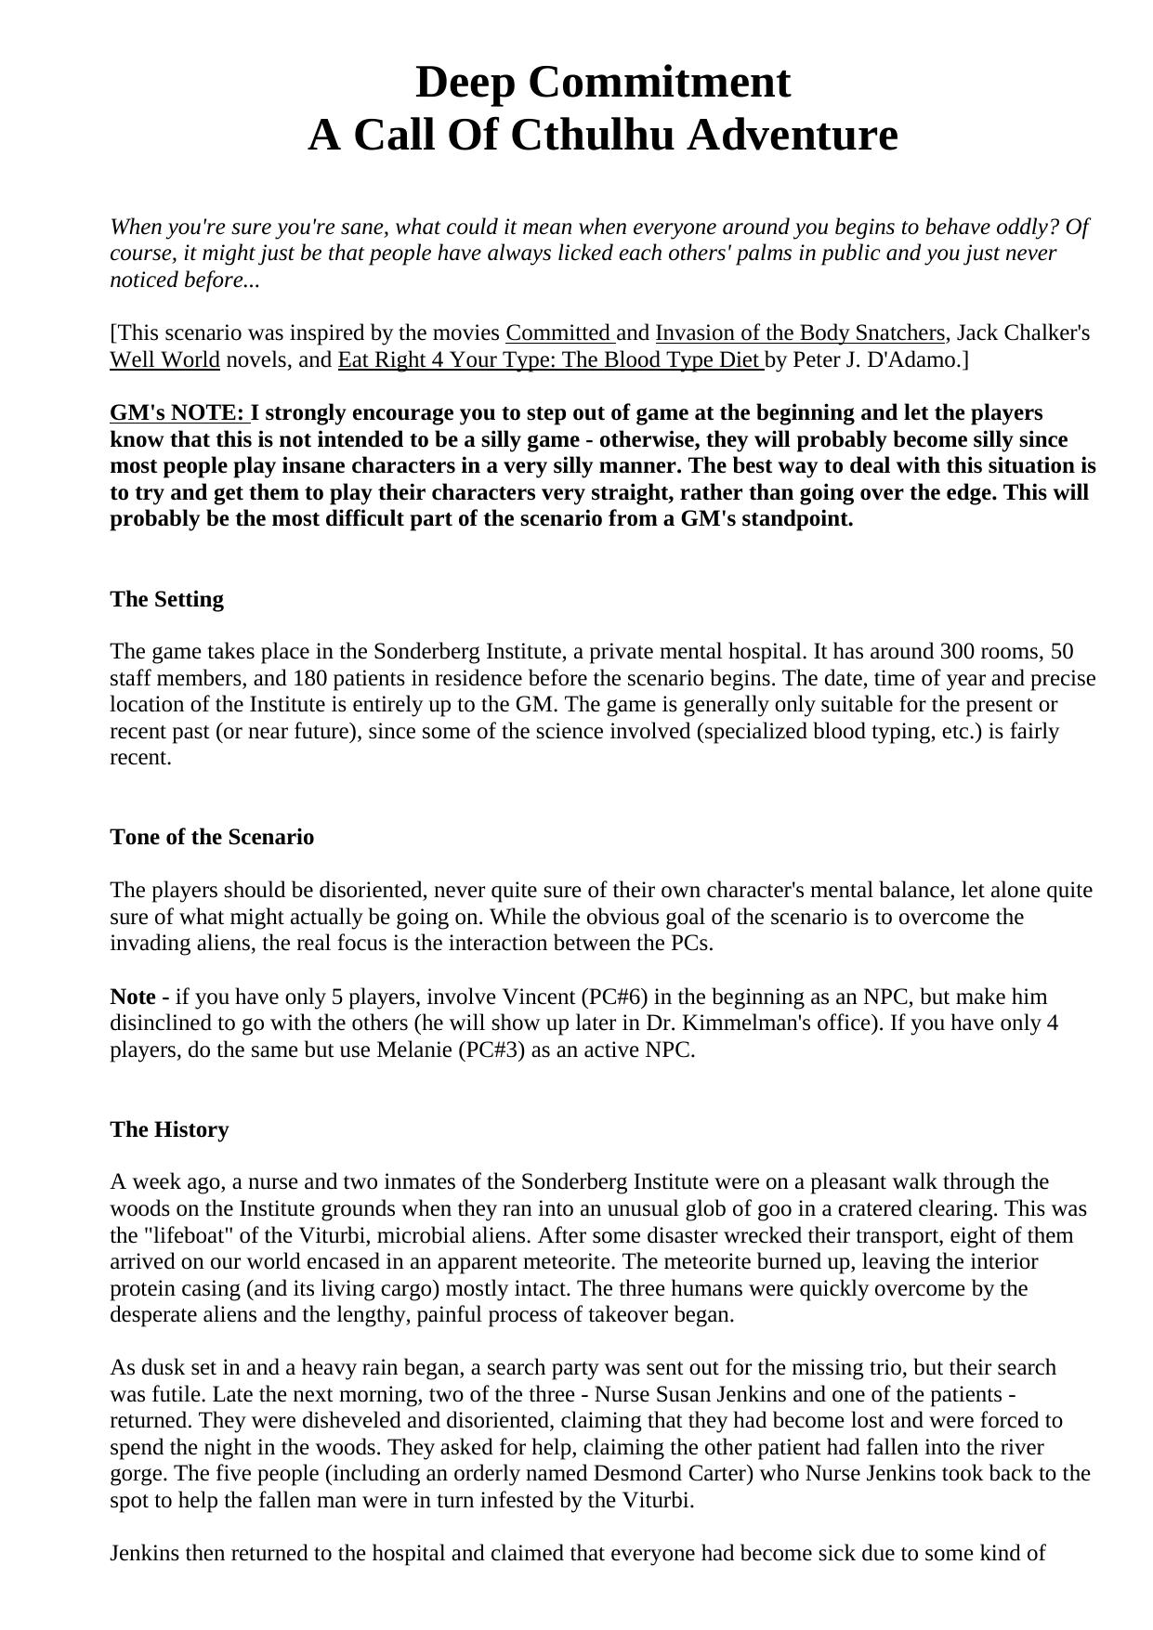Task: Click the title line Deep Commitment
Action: (x=602, y=83)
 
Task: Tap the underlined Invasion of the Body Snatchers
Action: (x=800, y=333)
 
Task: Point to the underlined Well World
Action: (x=164, y=360)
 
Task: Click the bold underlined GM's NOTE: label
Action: (x=179, y=413)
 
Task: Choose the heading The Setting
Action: (x=167, y=600)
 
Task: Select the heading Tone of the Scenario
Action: (x=212, y=838)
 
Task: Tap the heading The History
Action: (x=169, y=1130)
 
